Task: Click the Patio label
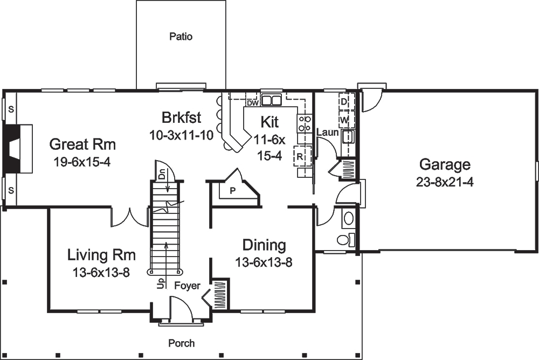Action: (181, 37)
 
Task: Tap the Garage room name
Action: (445, 164)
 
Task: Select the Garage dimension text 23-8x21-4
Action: (445, 182)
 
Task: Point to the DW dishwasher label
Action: (252, 102)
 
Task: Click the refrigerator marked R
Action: (299, 157)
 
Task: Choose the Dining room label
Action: (264, 245)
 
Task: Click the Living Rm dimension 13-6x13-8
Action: (101, 272)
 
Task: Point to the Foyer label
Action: (187, 286)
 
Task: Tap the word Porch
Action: (181, 343)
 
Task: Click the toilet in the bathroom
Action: (344, 239)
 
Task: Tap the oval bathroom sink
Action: (349, 218)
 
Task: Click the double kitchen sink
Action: (272, 100)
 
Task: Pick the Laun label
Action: (327, 131)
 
